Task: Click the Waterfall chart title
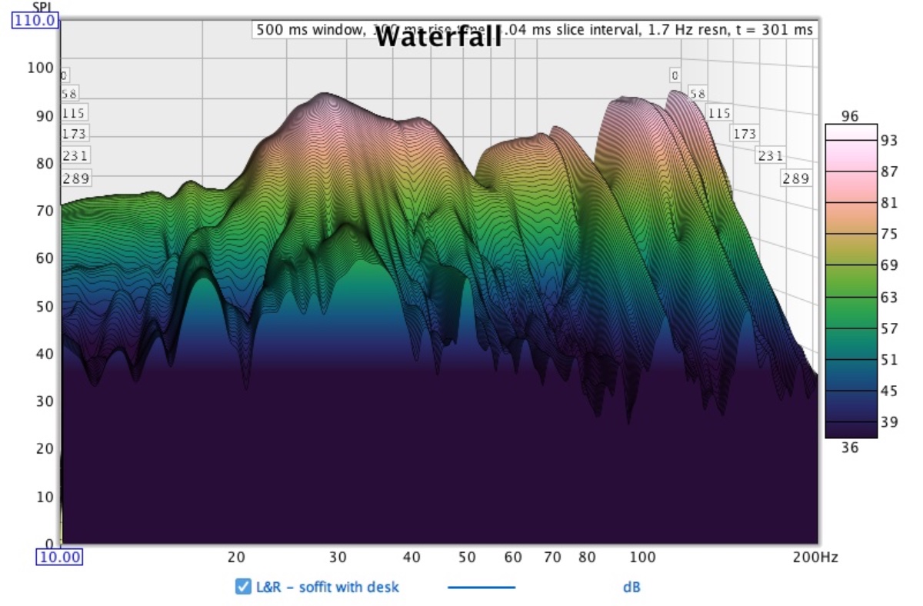coord(438,36)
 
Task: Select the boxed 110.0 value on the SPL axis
coord(35,21)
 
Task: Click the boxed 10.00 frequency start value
coord(60,557)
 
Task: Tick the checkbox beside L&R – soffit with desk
coord(243,588)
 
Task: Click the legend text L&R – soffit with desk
coord(328,588)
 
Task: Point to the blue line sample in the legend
coord(481,588)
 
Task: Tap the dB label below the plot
coord(631,588)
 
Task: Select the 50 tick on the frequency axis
coord(467,557)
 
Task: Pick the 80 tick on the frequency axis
coord(588,557)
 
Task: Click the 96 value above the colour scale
coord(849,116)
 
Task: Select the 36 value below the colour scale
coord(849,448)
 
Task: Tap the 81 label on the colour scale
coord(889,204)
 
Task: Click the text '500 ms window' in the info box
coord(299,29)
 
